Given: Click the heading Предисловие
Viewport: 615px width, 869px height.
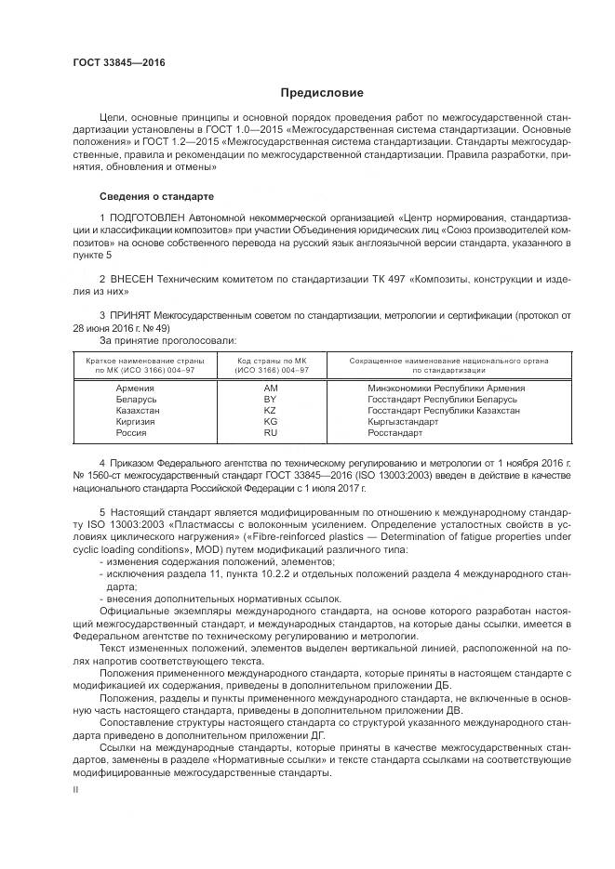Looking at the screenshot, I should click(323, 93).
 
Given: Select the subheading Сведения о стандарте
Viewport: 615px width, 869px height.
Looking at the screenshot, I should click(156, 197).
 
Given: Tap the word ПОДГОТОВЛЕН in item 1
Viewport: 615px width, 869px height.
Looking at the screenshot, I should click(151, 217).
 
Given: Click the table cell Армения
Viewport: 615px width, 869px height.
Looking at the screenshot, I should click(135, 388).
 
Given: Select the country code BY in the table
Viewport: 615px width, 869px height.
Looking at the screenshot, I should click(271, 399).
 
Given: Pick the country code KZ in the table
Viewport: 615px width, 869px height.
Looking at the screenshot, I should click(271, 410).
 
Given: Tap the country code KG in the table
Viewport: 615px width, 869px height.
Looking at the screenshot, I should click(271, 421).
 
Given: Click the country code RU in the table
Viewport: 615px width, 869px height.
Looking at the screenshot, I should click(271, 433).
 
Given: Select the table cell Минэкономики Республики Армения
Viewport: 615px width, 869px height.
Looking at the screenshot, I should click(446, 388).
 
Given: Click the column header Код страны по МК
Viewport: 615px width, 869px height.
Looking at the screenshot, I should click(271, 361).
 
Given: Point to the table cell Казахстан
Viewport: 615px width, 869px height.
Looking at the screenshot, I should click(138, 410).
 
